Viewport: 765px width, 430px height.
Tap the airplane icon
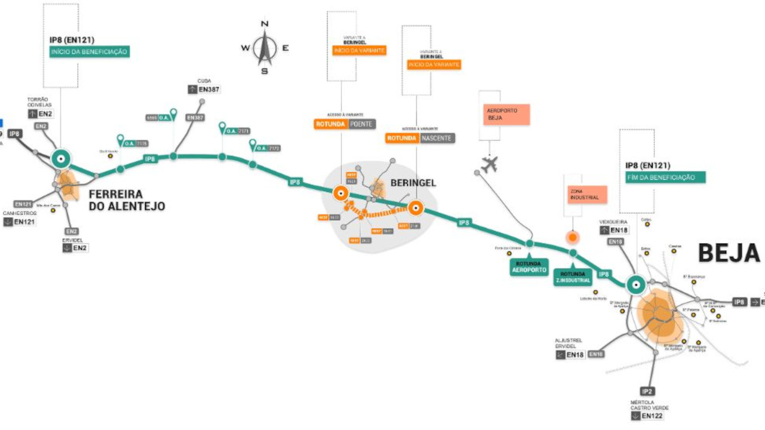(489, 163)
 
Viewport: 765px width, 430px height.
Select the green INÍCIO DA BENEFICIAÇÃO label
(89, 52)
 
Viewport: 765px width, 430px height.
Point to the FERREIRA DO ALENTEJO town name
(126, 201)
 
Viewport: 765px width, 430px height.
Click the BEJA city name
(729, 253)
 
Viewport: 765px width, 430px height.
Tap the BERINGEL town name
(413, 183)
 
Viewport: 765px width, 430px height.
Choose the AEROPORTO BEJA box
(506, 114)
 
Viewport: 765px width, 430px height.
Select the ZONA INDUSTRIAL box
(585, 193)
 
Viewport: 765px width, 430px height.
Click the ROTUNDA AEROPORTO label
(528, 266)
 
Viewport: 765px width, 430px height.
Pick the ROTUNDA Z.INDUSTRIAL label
(573, 277)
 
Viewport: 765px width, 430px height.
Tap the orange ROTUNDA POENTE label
(345, 124)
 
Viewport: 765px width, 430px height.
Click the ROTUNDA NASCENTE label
(420, 138)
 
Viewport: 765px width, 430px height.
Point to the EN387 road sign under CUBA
(204, 89)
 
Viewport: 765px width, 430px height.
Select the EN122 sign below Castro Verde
(648, 416)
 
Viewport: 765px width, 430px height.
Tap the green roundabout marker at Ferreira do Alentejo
(60, 159)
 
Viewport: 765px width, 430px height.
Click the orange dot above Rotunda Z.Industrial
(573, 238)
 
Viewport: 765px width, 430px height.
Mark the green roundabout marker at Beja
(636, 285)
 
